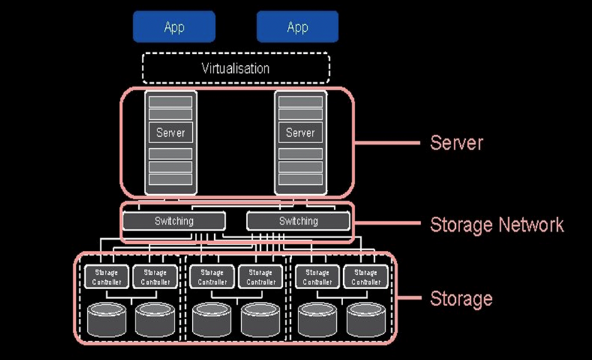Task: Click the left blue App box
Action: (174, 27)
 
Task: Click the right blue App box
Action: (297, 27)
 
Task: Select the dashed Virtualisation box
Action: (235, 69)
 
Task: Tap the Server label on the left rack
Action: (170, 133)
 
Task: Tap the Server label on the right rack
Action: (300, 133)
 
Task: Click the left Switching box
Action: (174, 221)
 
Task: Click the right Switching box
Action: (298, 221)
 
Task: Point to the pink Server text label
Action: (456, 142)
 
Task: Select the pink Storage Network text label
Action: (496, 225)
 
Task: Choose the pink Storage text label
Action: (461, 298)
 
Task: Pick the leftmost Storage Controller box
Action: (106, 277)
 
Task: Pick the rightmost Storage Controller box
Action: (366, 277)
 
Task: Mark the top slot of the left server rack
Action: (170, 101)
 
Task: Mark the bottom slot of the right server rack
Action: (300, 179)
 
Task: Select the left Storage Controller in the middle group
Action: (211, 277)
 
